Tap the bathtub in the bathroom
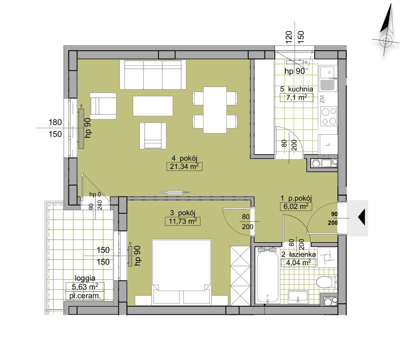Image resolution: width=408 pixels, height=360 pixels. pyautogui.click(x=268, y=277)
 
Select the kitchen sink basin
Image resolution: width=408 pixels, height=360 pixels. pyautogui.click(x=328, y=72)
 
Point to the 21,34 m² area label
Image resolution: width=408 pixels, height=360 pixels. pyautogui.click(x=184, y=167)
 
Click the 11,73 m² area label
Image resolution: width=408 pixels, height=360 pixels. pyautogui.click(x=183, y=221)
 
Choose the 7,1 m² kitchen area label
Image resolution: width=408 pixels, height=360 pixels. pyautogui.click(x=296, y=98)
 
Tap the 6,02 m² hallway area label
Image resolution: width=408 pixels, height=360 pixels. pyautogui.click(x=296, y=206)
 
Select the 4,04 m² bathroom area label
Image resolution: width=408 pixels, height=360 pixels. pyautogui.click(x=299, y=263)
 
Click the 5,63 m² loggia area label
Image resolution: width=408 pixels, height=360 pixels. pyautogui.click(x=85, y=287)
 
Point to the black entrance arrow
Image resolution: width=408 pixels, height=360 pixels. pyautogui.click(x=361, y=217)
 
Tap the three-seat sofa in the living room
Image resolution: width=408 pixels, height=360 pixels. pyautogui.click(x=153, y=74)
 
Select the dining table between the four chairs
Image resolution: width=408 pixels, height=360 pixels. pyautogui.click(x=215, y=110)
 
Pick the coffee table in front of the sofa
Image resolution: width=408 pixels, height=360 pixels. pyautogui.click(x=153, y=106)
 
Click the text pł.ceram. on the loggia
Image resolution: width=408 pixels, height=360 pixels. pyautogui.click(x=85, y=296)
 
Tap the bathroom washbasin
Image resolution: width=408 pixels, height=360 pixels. pyautogui.click(x=298, y=297)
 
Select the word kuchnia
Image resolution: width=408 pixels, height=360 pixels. pyautogui.click(x=301, y=89)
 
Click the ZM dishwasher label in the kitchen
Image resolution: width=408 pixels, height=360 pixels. pyautogui.click(x=322, y=99)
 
